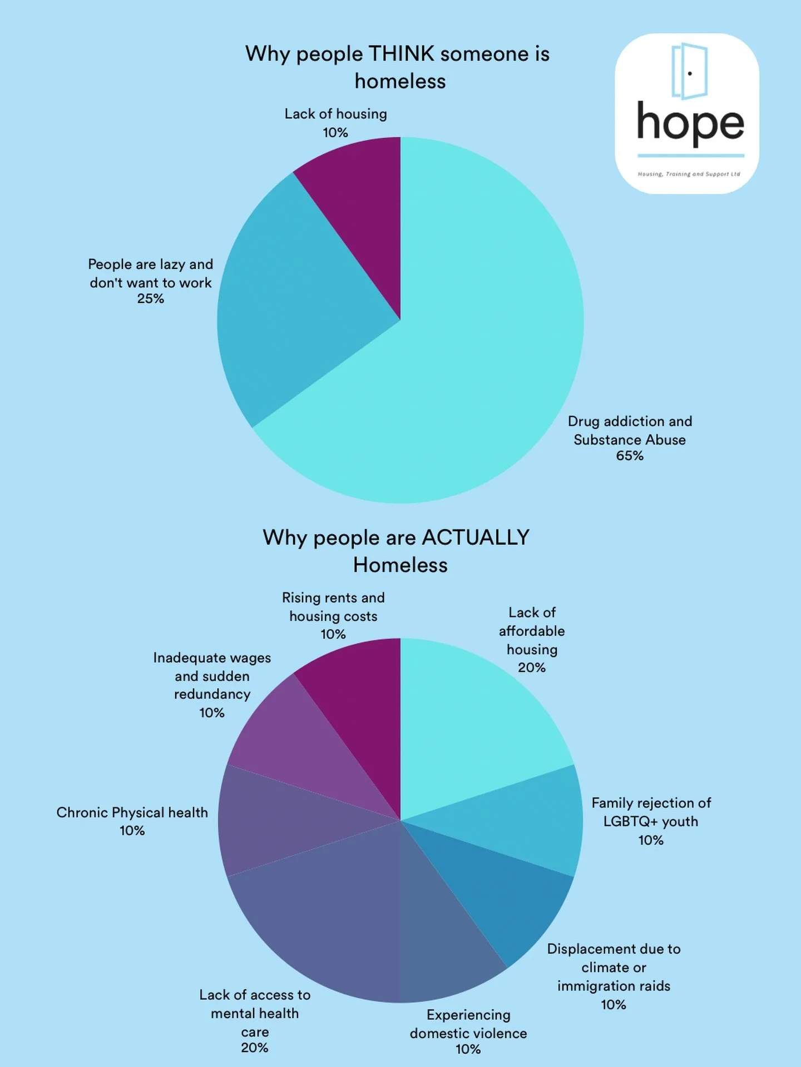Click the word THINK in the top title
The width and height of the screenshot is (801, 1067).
click(x=401, y=54)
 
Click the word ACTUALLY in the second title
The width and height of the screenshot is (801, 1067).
click(x=476, y=537)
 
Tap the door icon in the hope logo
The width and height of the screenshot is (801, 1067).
click(x=689, y=71)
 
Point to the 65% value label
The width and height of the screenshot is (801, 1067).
click(x=630, y=456)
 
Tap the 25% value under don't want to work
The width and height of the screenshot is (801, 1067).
click(x=151, y=299)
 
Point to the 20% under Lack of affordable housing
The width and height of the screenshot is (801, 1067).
click(x=532, y=667)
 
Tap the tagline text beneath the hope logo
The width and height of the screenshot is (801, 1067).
click(x=689, y=174)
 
